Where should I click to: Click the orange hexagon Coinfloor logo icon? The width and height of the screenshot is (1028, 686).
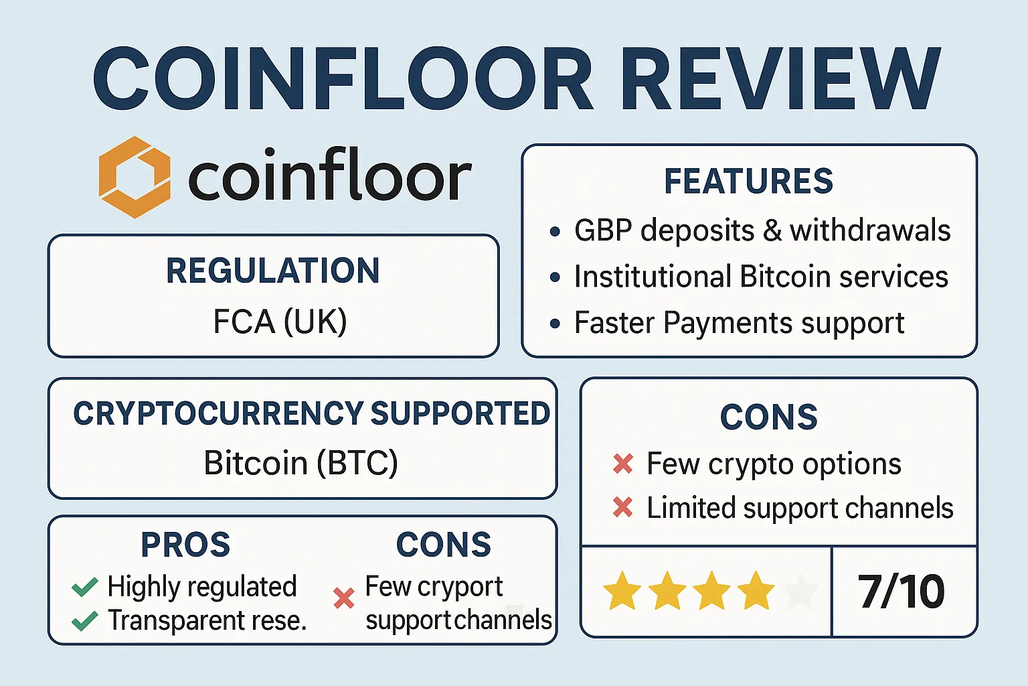135,177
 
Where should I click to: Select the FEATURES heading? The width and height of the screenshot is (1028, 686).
748,181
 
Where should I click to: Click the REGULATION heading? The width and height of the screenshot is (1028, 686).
272,271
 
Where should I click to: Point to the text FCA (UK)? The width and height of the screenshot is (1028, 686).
280,321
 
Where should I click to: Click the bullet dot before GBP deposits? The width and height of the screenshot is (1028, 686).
555,231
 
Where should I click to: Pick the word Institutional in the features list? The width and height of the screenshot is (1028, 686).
653,277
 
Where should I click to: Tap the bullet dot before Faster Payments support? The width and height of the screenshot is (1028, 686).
555,324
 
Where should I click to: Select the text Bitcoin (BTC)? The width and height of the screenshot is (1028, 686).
301,463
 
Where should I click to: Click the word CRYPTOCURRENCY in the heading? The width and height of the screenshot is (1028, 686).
218,413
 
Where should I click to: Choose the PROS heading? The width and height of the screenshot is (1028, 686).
185,545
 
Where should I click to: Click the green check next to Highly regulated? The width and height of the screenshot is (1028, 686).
85,587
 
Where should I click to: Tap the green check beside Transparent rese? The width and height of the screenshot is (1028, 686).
85,621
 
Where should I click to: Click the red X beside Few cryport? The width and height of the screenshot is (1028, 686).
344,598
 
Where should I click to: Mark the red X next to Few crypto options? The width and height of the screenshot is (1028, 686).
623,464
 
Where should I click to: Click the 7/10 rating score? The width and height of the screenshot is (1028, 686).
901,592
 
